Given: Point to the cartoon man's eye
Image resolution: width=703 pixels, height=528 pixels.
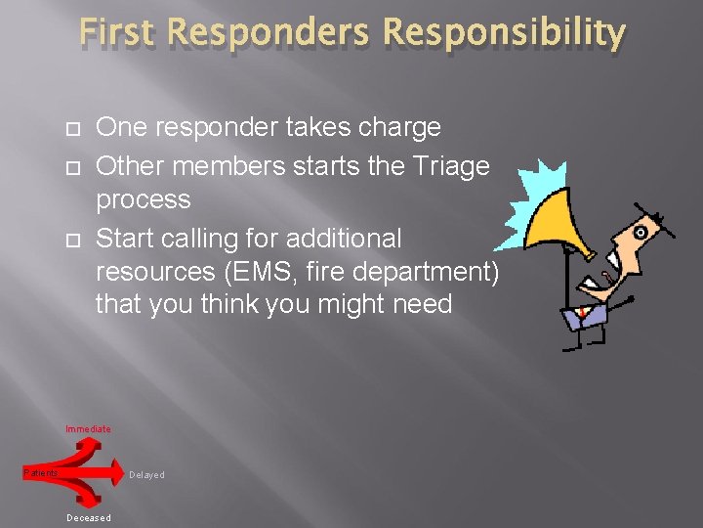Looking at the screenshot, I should point(641,233).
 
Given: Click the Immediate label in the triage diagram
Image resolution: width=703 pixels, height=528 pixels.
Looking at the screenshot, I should point(88,429).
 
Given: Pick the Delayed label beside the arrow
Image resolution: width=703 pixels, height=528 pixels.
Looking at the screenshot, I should point(146,475).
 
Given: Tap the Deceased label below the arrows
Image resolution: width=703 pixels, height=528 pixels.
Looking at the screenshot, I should point(88,518).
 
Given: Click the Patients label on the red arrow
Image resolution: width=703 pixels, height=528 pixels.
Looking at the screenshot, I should point(41,473).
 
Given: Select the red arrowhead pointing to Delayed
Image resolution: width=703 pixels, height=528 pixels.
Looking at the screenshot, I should point(114,474).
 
